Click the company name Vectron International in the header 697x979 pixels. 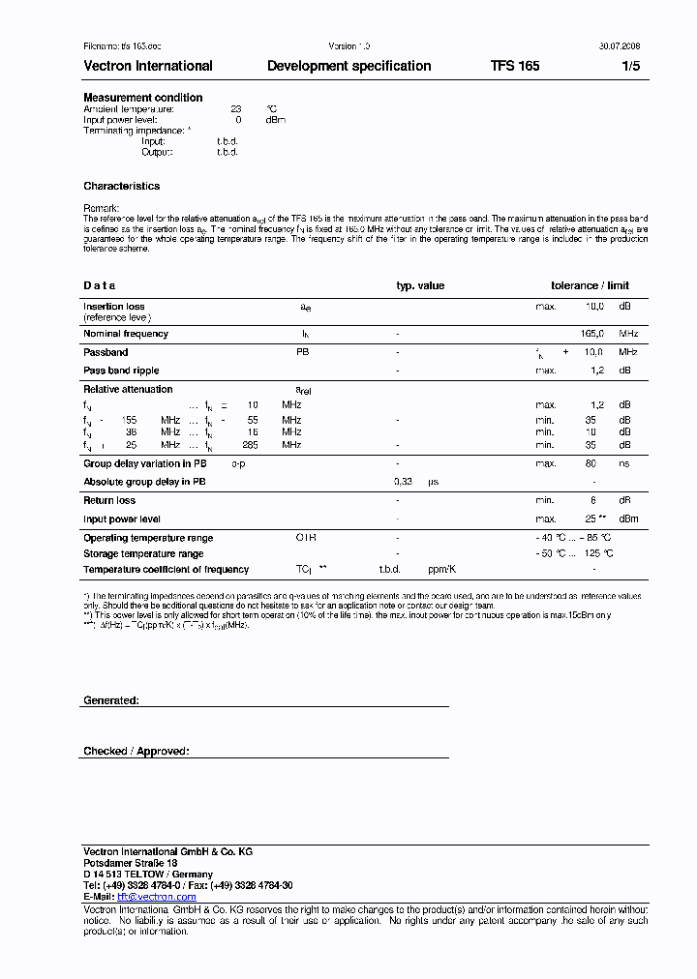147,67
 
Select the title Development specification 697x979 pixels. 348,67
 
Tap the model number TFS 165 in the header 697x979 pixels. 515,67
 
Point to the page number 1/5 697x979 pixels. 630,67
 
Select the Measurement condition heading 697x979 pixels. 142,98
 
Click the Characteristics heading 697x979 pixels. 121,186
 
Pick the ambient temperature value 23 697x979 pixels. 235,109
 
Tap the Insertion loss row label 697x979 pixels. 113,307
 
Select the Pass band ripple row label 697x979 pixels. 121,371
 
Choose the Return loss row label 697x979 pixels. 109,500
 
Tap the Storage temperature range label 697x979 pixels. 143,554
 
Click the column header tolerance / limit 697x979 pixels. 590,286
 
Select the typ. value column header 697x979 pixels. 420,286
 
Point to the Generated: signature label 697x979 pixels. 110,699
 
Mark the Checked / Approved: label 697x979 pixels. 136,751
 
